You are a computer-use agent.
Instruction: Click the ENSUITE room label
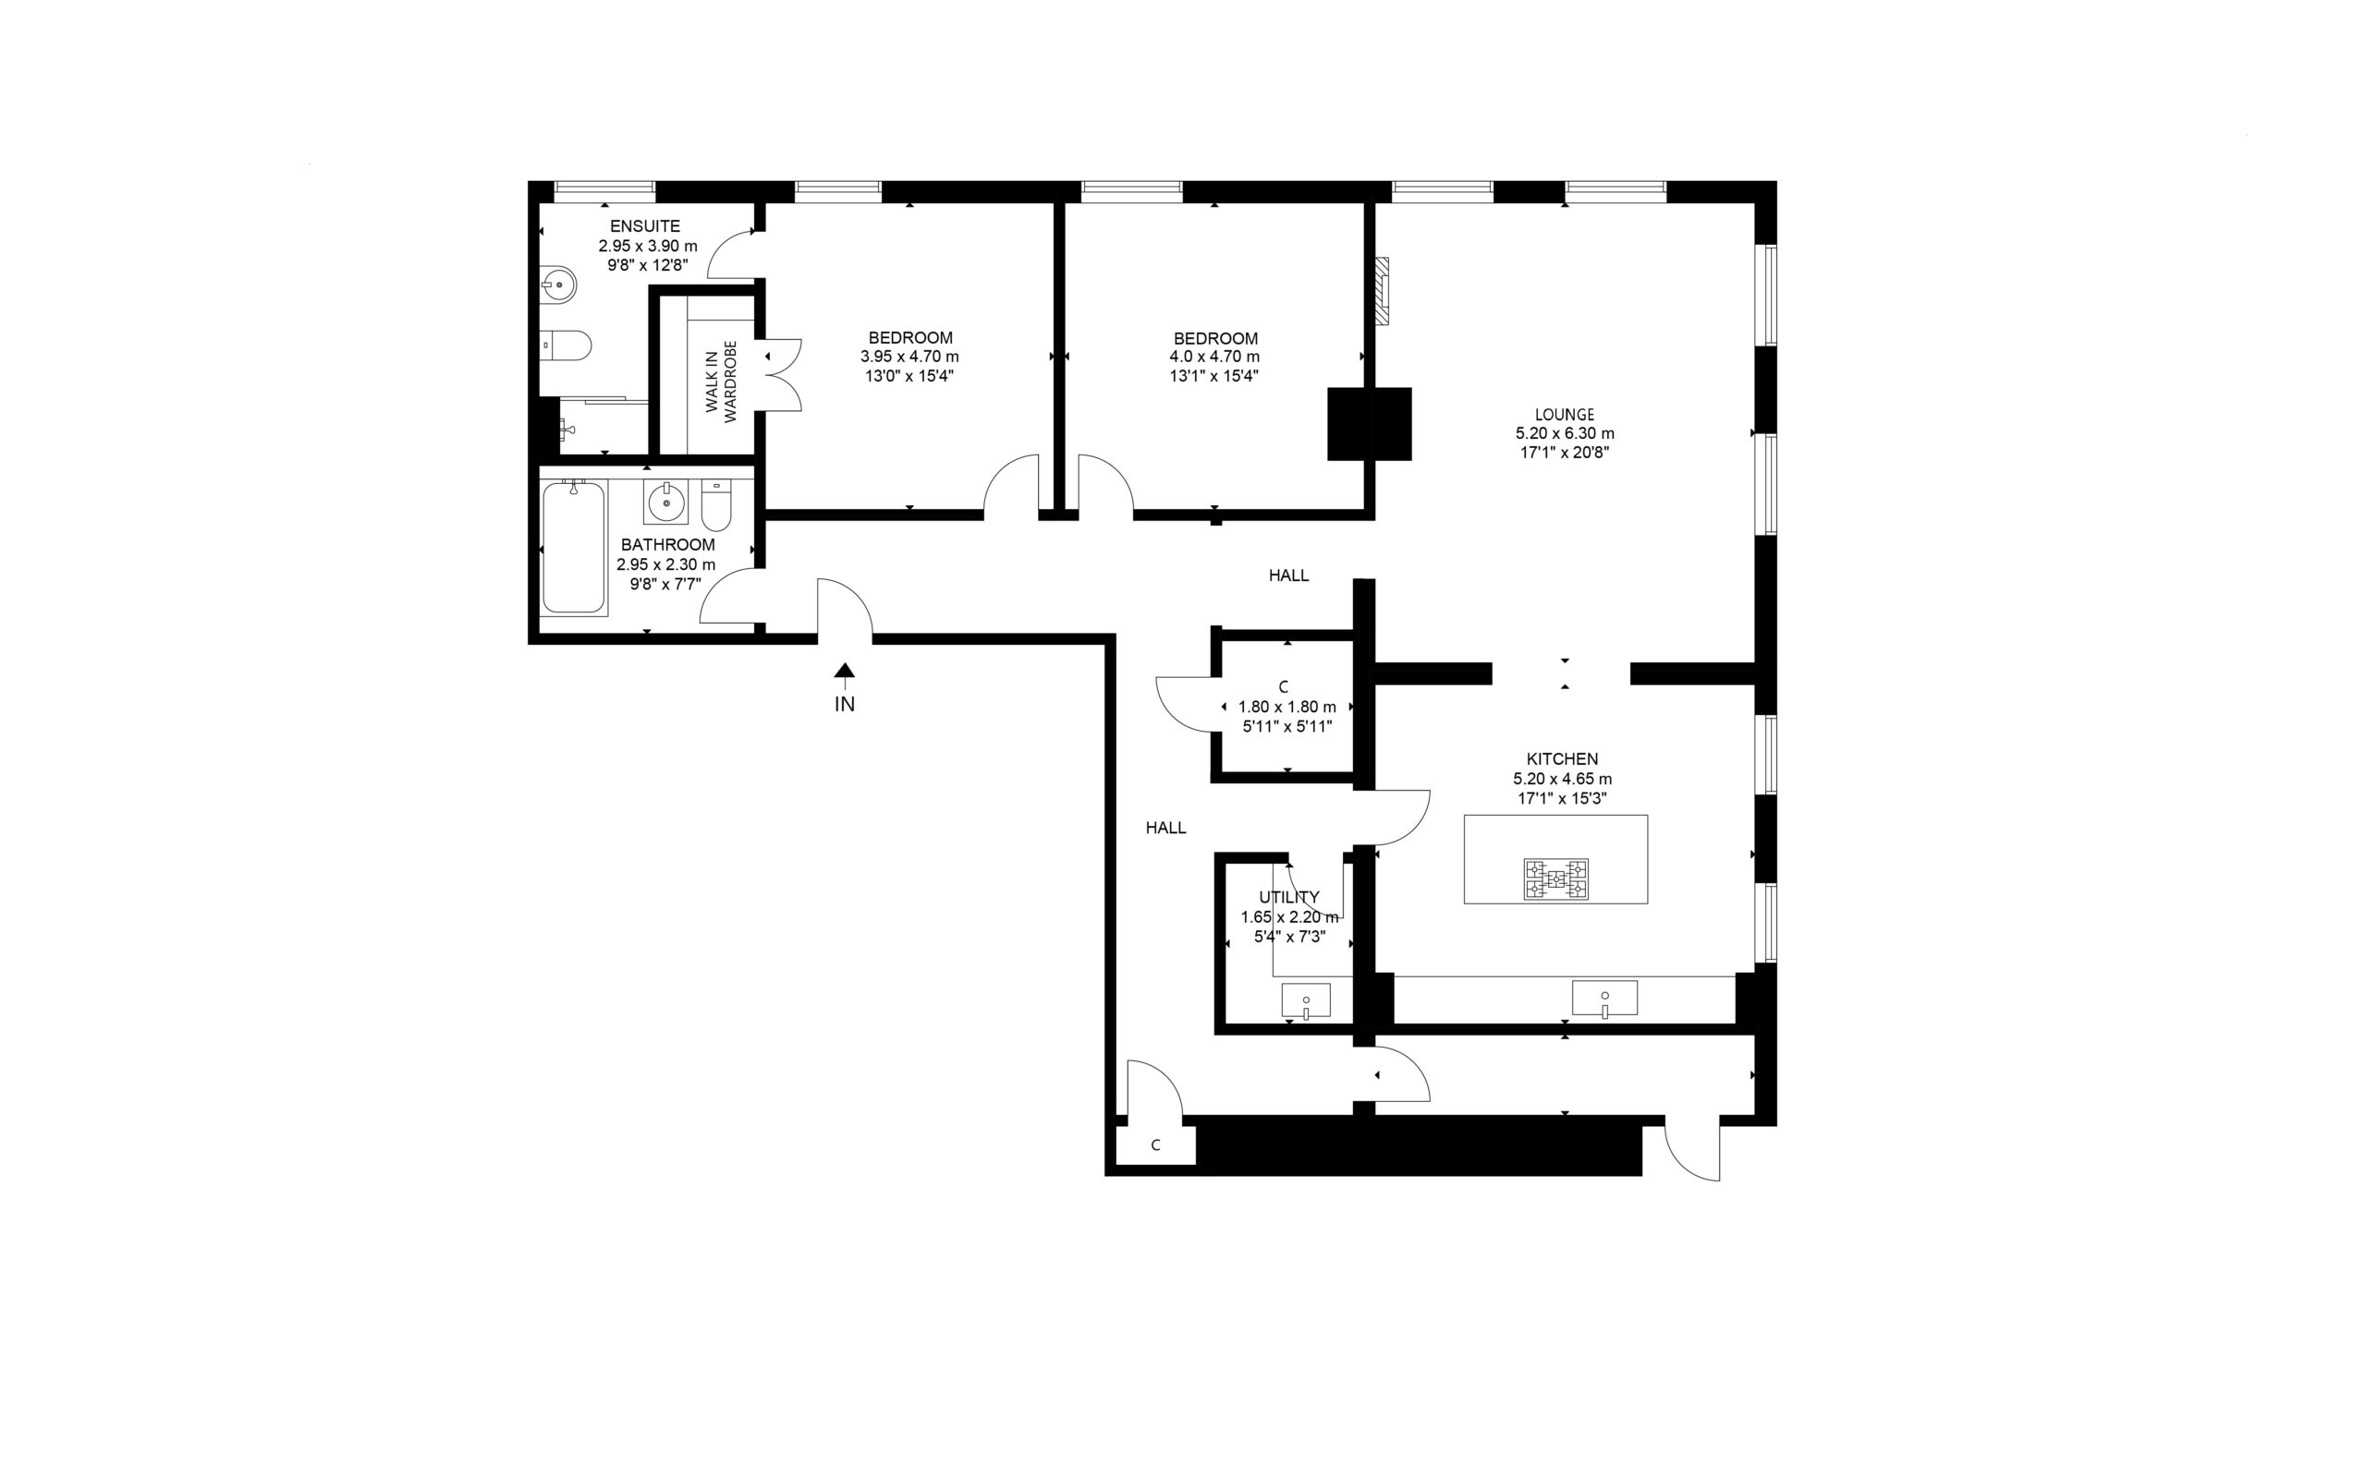(644, 225)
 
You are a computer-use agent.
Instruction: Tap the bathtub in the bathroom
(574, 547)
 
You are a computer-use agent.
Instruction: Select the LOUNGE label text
(1565, 415)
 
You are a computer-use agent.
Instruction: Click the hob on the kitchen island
(1555, 878)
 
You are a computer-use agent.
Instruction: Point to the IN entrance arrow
(844, 672)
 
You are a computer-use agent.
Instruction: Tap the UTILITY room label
(1288, 897)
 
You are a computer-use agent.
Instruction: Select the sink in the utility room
(1306, 1001)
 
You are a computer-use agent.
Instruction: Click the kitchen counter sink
(1604, 998)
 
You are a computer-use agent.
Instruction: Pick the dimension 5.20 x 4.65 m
(1562, 779)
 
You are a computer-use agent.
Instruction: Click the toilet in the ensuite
(567, 345)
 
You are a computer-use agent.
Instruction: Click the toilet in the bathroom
(715, 503)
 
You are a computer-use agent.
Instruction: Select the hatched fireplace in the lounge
(1382, 291)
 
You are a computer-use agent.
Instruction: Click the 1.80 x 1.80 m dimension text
(1287, 707)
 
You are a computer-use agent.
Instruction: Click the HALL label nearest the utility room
(1165, 828)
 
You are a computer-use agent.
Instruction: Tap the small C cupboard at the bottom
(1155, 1145)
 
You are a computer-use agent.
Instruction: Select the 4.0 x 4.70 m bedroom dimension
(1214, 357)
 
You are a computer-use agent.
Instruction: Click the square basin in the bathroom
(666, 503)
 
